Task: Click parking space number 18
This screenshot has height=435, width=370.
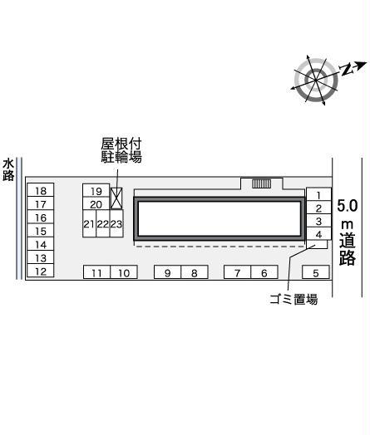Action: coord(41,190)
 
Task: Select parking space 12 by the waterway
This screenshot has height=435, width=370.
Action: coord(41,271)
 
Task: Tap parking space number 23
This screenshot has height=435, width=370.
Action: coord(116,223)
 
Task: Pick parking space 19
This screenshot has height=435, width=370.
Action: coord(96,191)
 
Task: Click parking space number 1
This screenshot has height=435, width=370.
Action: coord(318,194)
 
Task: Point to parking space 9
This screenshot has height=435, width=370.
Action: coord(167,272)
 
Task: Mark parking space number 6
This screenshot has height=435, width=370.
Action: coord(264,272)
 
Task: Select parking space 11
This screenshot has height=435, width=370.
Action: coord(97,272)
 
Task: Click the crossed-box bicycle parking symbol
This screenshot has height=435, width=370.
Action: coord(116,198)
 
